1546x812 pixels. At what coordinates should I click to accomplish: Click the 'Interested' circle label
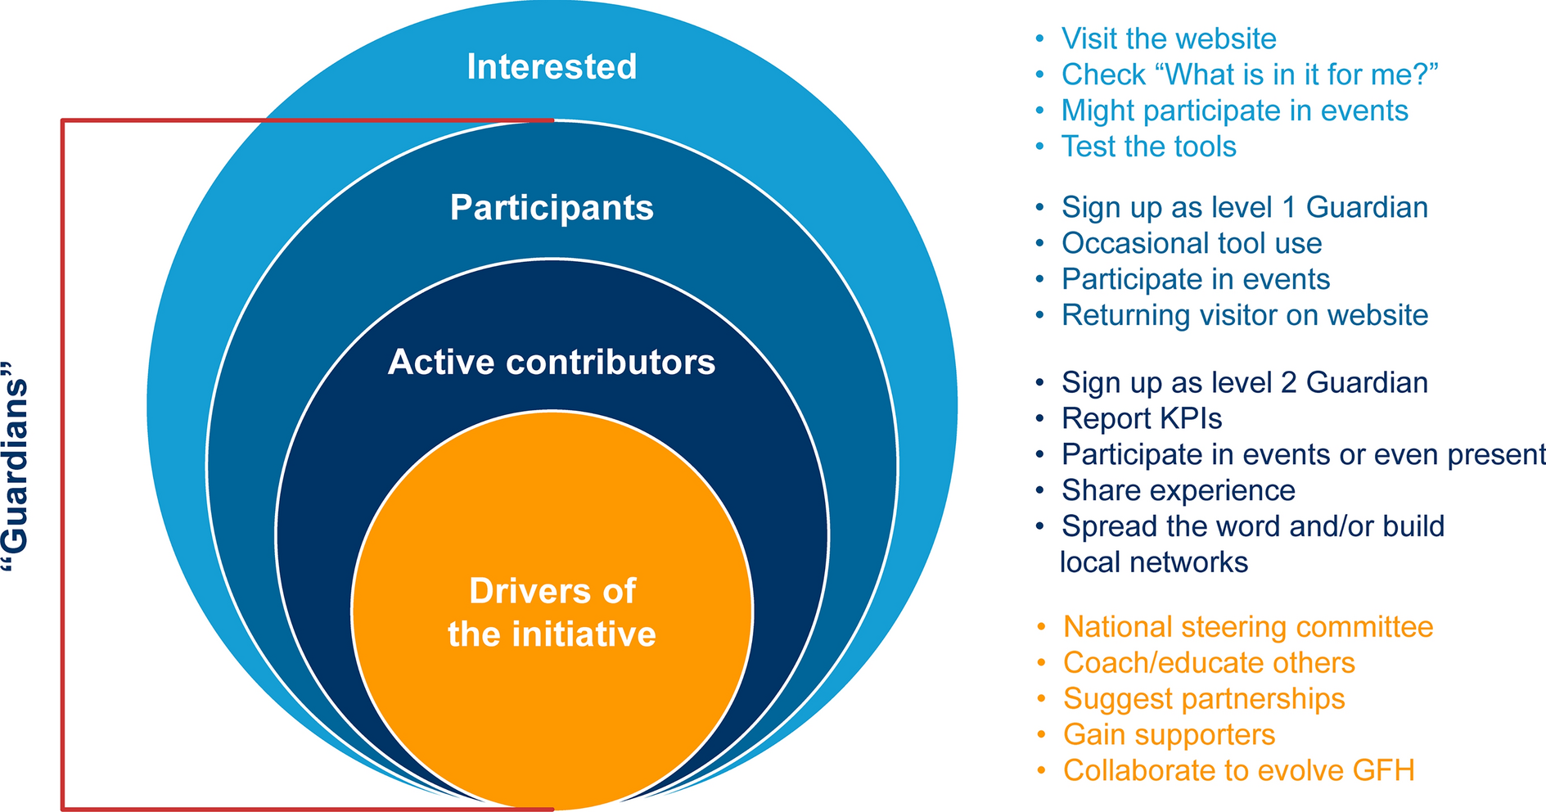pyautogui.click(x=552, y=67)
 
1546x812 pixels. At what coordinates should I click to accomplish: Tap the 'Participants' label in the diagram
pyautogui.click(x=552, y=208)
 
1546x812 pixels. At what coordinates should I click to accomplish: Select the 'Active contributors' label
pyautogui.click(x=552, y=362)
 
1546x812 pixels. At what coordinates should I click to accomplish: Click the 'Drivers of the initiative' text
pyautogui.click(x=552, y=612)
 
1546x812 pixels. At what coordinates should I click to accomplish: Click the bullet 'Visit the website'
pyautogui.click(x=1168, y=38)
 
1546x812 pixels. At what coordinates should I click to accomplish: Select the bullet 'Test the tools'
pyautogui.click(x=1148, y=147)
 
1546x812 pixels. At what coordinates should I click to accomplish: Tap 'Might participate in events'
pyautogui.click(x=1234, y=111)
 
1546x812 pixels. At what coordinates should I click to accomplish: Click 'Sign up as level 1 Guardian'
pyautogui.click(x=1244, y=207)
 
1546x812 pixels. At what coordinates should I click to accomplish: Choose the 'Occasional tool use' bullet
pyautogui.click(x=1191, y=243)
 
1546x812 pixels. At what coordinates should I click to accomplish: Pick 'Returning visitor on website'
pyautogui.click(x=1244, y=315)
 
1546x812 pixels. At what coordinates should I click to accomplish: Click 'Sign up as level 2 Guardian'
pyautogui.click(x=1244, y=382)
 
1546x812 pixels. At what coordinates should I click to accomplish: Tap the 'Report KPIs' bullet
pyautogui.click(x=1141, y=418)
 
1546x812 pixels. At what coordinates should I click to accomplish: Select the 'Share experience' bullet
pyautogui.click(x=1178, y=490)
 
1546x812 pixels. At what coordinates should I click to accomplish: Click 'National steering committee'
pyautogui.click(x=1247, y=626)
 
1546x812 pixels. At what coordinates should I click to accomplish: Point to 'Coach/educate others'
pyautogui.click(x=1208, y=662)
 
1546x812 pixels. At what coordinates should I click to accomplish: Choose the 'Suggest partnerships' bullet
pyautogui.click(x=1203, y=698)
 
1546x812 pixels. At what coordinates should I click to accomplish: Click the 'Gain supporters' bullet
pyautogui.click(x=1169, y=734)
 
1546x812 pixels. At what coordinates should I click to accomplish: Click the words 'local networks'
pyautogui.click(x=1153, y=562)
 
